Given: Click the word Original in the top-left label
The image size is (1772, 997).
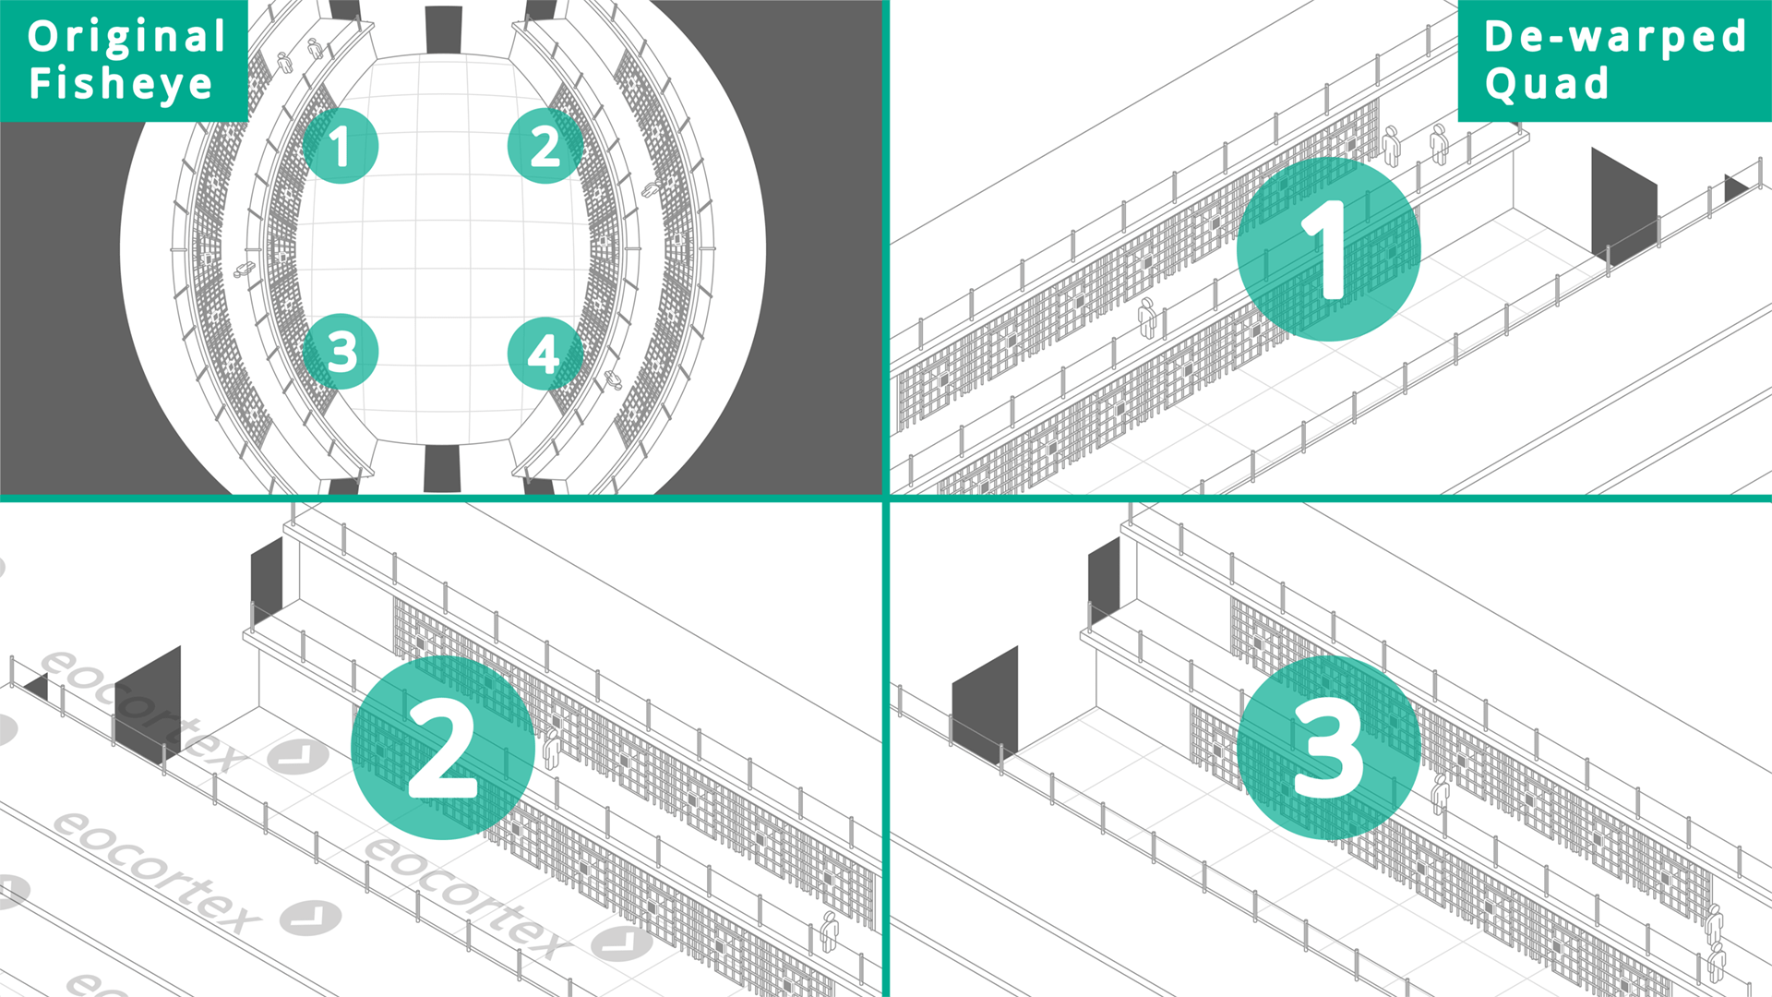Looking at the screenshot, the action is [126, 38].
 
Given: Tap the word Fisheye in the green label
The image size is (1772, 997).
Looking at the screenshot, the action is [121, 83].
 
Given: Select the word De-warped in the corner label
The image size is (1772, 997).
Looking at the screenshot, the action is [1615, 38].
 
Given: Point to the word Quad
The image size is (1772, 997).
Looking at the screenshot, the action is [1547, 84].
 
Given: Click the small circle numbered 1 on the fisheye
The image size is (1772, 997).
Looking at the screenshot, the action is [341, 146].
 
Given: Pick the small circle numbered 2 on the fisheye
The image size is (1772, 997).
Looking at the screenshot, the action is [545, 146].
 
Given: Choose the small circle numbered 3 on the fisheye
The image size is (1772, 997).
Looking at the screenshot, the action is [341, 352].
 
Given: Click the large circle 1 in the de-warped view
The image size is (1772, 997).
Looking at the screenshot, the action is [1328, 249].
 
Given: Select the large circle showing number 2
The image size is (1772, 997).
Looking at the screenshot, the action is [443, 747].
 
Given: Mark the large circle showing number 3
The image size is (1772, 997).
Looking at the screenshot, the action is [1328, 747].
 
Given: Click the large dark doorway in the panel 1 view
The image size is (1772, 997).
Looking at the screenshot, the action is [1624, 204].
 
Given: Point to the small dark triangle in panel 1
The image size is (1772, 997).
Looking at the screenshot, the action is [1734, 188].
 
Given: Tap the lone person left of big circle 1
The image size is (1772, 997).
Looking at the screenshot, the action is [1147, 318].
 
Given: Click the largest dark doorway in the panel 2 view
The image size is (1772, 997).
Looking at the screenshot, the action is [148, 703].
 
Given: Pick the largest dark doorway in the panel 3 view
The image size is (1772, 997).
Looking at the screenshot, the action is [985, 704].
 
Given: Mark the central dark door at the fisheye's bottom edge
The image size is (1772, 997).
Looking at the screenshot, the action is [442, 469].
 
